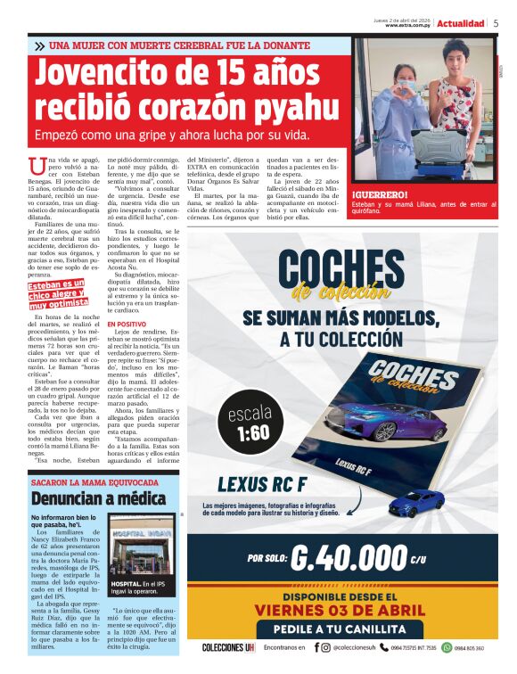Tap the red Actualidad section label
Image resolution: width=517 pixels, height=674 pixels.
(461, 23)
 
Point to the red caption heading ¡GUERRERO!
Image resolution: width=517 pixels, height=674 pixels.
(380, 194)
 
